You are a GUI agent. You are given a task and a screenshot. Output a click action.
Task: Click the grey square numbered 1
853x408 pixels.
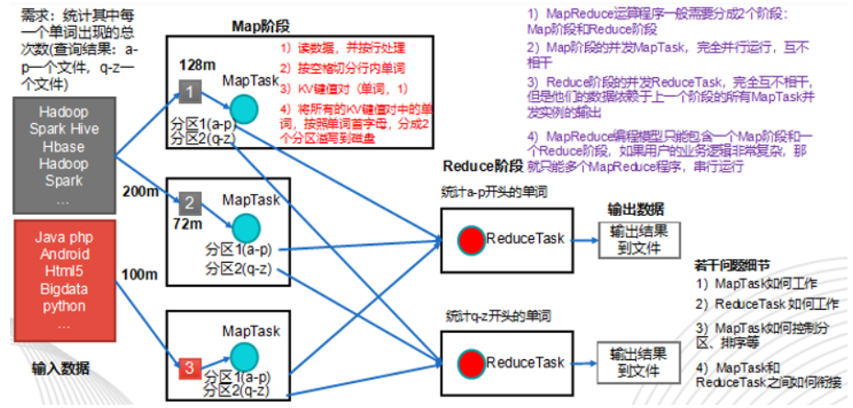tap(188, 93)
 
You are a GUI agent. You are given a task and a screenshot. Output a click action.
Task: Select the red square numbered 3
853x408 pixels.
tap(188, 369)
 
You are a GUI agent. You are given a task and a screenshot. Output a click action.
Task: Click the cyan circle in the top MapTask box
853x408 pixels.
tap(244, 109)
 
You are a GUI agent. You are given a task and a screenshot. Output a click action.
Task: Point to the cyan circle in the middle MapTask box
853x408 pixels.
tap(245, 227)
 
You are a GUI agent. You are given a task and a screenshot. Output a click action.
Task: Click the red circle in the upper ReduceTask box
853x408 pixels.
tap(472, 240)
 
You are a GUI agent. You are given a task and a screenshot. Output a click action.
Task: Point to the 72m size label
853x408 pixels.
tap(192, 224)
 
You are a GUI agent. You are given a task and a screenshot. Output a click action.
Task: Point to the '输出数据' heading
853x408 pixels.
tap(635, 208)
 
